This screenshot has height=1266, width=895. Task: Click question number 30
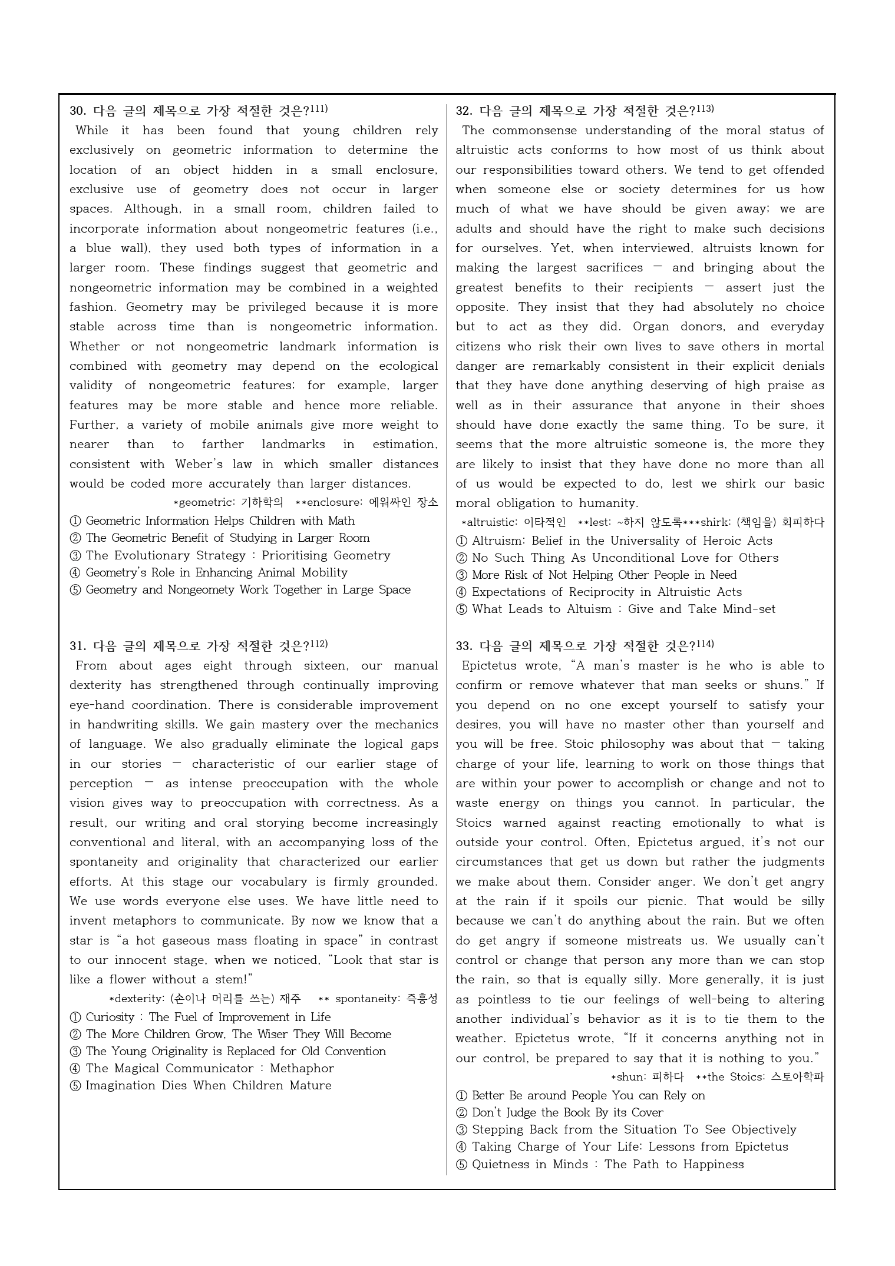[78, 111]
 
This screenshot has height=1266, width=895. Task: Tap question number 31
[78, 646]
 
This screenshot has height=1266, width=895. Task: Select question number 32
[464, 111]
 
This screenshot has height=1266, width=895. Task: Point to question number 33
[464, 646]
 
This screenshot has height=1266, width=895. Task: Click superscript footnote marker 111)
[319, 109]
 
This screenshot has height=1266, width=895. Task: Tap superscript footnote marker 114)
[705, 644]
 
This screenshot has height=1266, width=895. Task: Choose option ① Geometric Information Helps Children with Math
[212, 521]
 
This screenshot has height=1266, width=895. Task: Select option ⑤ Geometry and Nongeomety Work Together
[240, 590]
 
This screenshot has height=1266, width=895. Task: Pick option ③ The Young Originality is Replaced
[228, 1051]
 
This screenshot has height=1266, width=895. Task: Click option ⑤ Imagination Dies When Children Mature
[200, 1085]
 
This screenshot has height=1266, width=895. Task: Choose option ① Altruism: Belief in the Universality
[614, 541]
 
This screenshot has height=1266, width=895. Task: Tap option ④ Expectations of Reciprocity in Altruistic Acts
[599, 592]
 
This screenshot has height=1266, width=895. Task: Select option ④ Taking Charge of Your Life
[622, 1146]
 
